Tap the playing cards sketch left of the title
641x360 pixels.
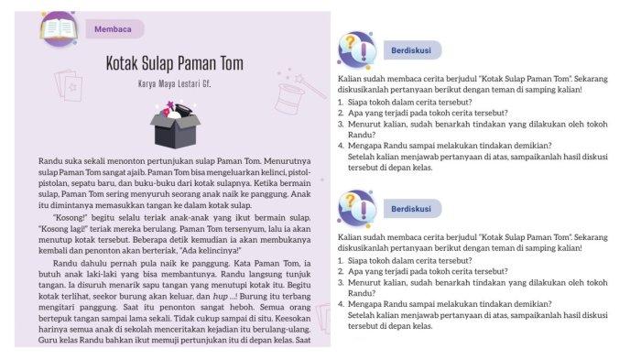coord(68,88)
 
